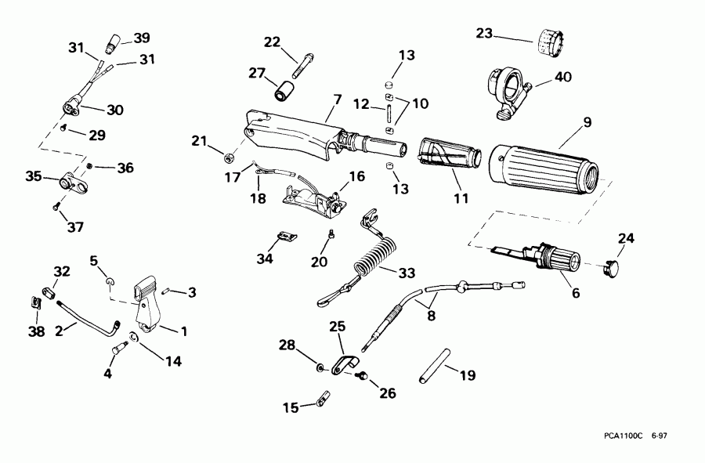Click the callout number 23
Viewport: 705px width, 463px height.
click(486, 34)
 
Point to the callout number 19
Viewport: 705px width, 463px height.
click(466, 375)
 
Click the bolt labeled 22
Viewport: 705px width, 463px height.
click(299, 63)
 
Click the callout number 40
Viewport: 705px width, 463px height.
click(563, 77)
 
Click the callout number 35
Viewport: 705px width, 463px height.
click(32, 176)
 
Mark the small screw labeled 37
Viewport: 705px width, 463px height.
click(56, 207)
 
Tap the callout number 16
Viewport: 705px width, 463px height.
click(356, 176)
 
